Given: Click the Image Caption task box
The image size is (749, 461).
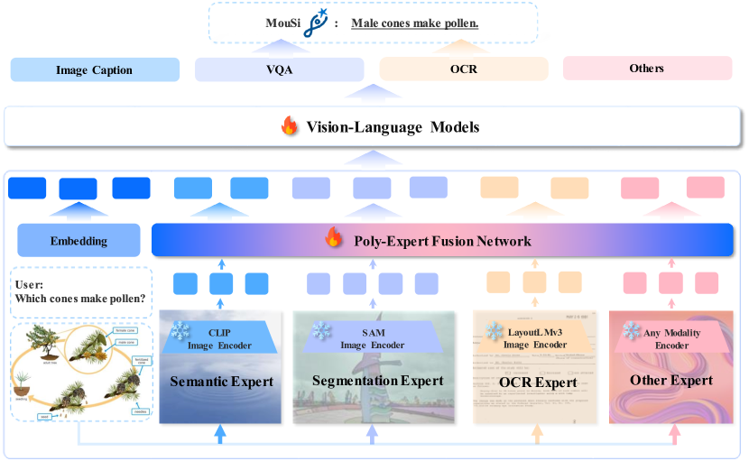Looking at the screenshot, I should (95, 69).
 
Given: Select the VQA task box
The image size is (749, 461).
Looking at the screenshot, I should (279, 69).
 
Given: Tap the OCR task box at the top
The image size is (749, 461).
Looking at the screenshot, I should (464, 69).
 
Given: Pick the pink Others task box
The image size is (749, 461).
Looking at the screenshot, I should (647, 69).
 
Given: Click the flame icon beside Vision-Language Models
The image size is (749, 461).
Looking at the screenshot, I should (290, 127).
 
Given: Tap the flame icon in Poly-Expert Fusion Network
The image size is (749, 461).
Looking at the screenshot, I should (334, 240).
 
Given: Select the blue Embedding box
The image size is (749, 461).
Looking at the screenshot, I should (79, 241).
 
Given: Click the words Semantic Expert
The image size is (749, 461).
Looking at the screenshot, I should (221, 381).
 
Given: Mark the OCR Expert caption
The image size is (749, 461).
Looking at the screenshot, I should (538, 382).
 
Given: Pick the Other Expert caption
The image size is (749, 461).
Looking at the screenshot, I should (672, 380).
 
